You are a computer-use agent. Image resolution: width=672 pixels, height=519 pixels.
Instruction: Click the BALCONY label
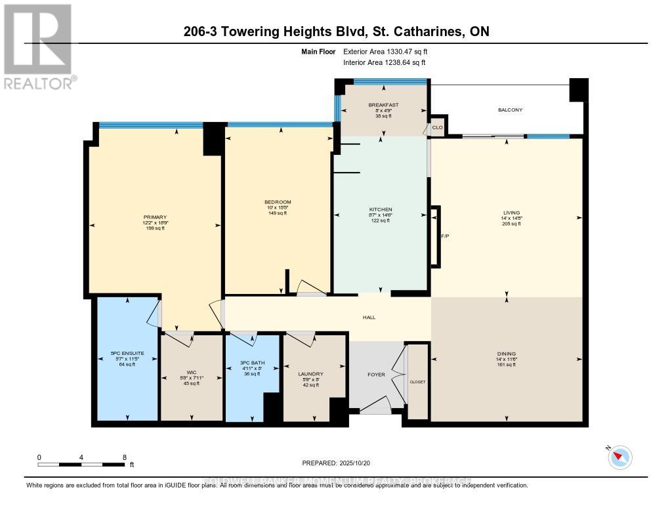510,110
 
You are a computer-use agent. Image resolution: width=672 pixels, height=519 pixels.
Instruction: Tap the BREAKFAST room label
383,105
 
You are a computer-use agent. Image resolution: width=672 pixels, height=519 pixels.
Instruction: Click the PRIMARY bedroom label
156,217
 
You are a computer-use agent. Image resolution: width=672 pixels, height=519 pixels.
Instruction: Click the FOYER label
376,375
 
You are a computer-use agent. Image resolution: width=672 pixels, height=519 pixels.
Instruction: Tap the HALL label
369,318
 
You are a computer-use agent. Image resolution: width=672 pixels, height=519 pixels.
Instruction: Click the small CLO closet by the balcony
438,128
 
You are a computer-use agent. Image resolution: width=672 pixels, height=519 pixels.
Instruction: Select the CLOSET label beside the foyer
417,381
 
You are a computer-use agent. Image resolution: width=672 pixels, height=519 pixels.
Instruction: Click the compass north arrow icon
619,457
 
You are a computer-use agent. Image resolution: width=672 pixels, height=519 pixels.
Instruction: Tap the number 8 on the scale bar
124,457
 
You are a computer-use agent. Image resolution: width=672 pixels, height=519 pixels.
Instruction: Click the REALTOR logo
39,47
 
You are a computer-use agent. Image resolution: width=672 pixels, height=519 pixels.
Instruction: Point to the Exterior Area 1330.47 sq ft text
385,51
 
